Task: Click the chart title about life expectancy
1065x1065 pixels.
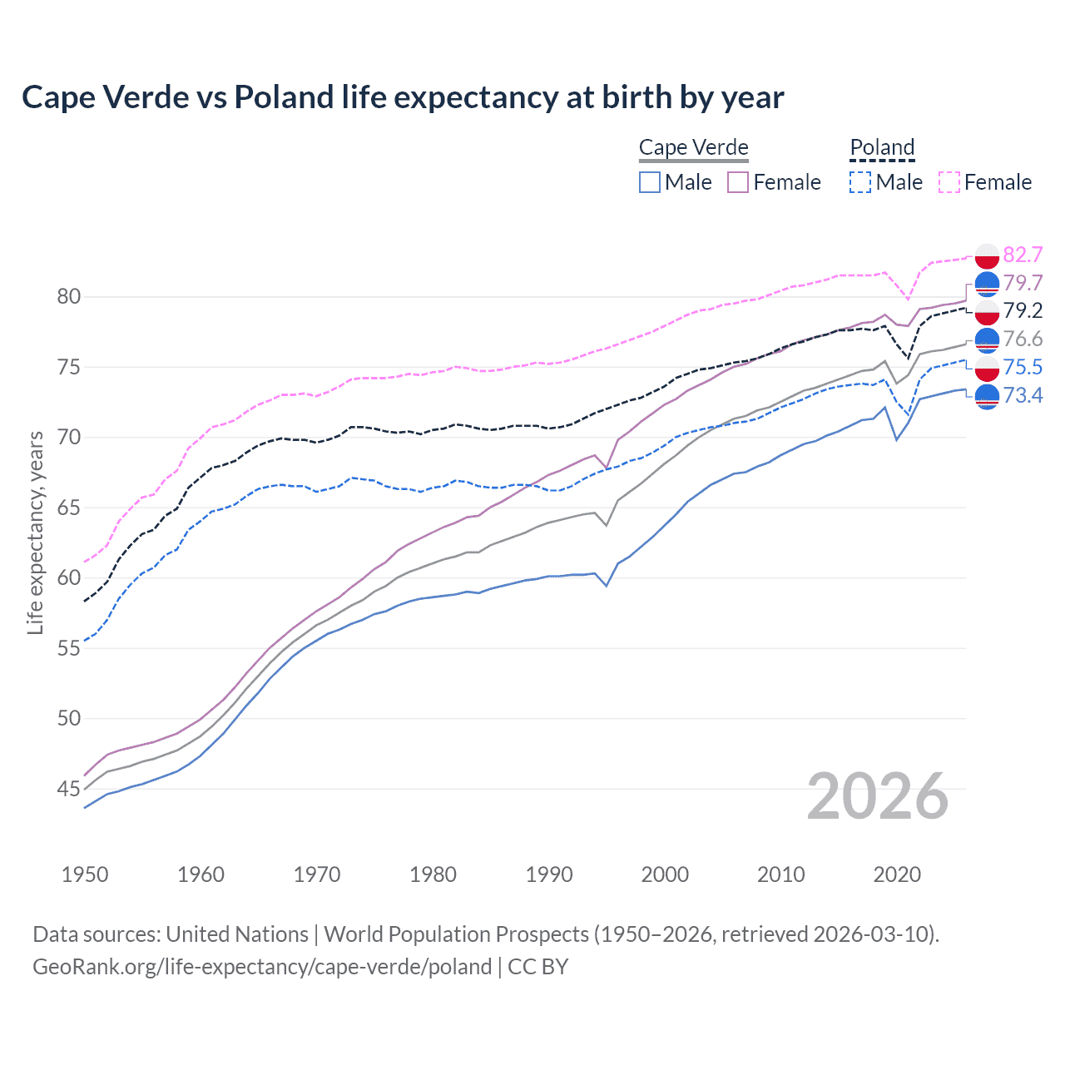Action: [x=403, y=97]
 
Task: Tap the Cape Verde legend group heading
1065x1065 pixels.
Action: [x=693, y=147]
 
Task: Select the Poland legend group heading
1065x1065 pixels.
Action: [x=882, y=147]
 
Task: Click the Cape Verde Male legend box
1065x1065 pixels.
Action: [x=650, y=182]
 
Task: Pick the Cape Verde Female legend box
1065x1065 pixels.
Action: [x=738, y=182]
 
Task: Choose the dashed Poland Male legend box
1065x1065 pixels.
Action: [x=860, y=182]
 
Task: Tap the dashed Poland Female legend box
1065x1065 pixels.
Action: [x=949, y=182]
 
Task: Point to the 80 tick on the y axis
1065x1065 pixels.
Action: [x=69, y=297]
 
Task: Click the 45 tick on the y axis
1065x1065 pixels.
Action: [x=69, y=789]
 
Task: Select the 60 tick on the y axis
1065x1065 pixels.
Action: [x=69, y=578]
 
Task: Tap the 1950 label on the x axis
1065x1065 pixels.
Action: [x=85, y=874]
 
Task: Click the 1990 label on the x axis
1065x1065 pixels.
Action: [x=549, y=874]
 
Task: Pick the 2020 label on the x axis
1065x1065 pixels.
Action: [x=897, y=874]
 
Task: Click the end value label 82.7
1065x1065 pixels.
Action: [x=1023, y=255]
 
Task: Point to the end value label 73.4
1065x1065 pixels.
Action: [x=1023, y=395]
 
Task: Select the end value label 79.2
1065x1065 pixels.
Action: [x=1023, y=310]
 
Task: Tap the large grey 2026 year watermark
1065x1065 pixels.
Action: [x=878, y=796]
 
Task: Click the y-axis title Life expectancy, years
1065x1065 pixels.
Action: [x=35, y=532]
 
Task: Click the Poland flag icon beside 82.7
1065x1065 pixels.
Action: [x=987, y=255]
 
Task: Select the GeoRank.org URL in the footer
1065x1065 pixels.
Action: [x=262, y=967]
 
